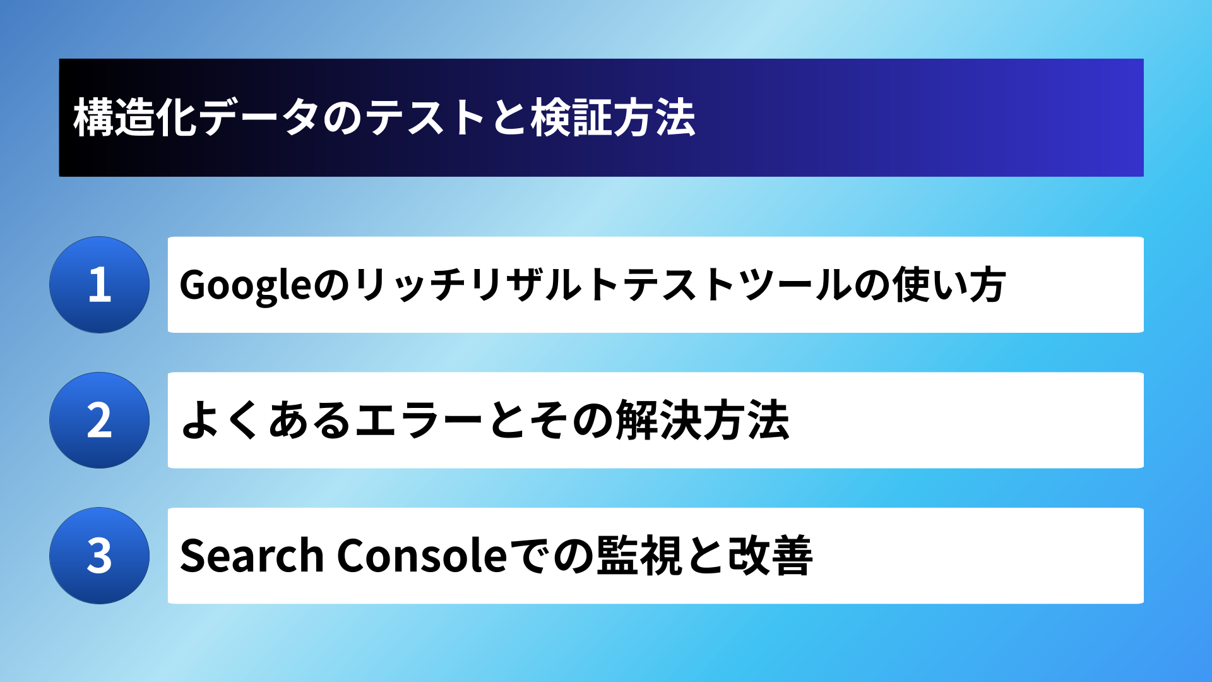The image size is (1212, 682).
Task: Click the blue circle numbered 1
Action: point(99,285)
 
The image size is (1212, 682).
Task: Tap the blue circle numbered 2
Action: point(99,421)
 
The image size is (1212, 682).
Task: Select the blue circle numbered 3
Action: point(99,556)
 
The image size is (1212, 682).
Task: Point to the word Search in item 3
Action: point(252,555)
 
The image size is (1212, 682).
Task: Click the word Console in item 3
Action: point(422,555)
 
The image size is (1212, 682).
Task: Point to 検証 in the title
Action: point(571,117)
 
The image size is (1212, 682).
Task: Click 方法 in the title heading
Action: point(655,117)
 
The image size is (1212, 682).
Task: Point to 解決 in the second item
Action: point(659,421)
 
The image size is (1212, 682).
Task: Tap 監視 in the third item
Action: point(639,556)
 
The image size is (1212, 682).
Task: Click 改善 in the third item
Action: point(770,556)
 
